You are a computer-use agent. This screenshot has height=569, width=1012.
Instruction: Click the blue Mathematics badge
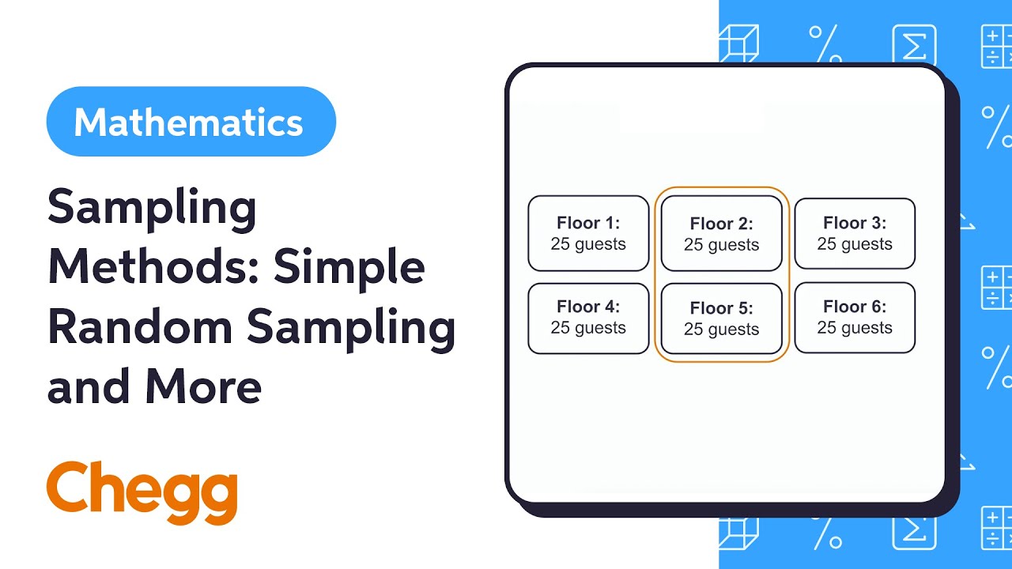191,122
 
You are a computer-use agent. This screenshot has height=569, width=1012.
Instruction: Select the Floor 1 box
588,233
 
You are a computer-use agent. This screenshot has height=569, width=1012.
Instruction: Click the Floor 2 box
721,234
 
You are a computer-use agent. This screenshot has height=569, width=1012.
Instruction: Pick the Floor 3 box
855,233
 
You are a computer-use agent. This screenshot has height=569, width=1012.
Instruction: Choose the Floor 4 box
588,317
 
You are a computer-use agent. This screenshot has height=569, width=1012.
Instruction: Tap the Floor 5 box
721,318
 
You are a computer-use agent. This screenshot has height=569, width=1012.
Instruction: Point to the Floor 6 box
855,317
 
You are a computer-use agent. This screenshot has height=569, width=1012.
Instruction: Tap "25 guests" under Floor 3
855,244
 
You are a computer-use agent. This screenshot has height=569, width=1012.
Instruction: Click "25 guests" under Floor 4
588,328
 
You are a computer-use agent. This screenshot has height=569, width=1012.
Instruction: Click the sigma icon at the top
914,44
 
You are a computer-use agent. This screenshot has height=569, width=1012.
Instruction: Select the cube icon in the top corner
738,44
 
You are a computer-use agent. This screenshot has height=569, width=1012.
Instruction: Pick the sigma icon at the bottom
914,529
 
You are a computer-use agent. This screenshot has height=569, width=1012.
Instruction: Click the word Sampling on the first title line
152,209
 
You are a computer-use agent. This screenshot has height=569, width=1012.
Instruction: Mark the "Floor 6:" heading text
855,307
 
